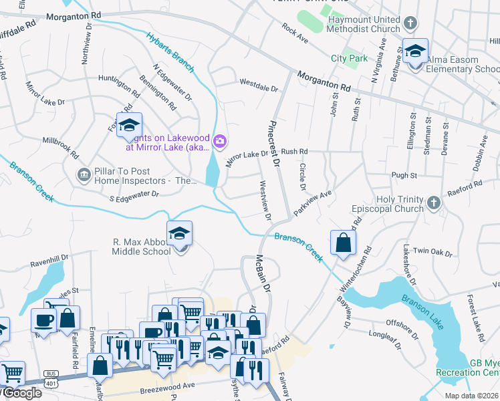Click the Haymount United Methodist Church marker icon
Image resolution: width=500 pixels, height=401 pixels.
(410, 23)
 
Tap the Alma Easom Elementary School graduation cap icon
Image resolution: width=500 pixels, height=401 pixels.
(415, 51)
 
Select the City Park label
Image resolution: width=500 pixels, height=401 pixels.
(349, 58)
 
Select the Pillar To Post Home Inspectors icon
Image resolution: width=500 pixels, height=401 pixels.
(84, 175)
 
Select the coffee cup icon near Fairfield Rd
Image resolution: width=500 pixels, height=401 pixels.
(44, 320)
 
